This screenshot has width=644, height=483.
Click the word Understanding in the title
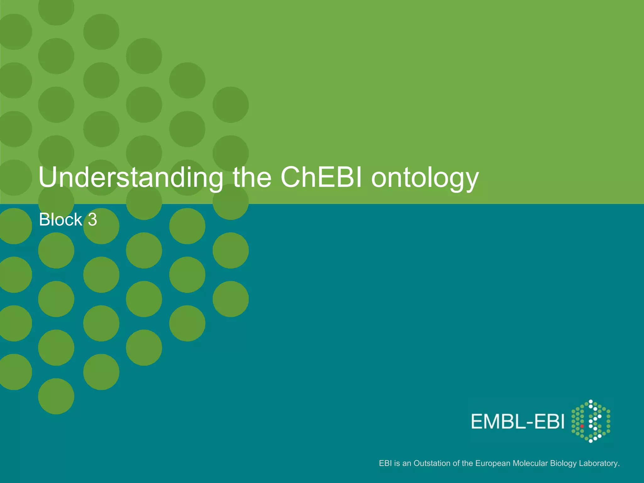(x=130, y=178)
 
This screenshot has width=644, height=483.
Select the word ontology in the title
(x=425, y=179)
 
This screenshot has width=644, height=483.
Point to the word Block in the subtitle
(x=60, y=219)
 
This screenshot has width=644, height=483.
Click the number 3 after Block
(x=92, y=219)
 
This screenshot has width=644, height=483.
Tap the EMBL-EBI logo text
(x=518, y=422)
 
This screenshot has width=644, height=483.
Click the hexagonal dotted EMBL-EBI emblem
(x=591, y=421)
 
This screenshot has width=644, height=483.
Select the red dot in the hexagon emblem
(x=582, y=426)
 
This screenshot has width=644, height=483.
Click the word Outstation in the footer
(x=432, y=463)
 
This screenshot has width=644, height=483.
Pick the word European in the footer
(x=493, y=463)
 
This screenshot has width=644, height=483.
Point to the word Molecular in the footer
(x=530, y=463)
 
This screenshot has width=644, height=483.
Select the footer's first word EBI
(x=385, y=463)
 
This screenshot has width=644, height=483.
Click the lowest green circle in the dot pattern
(x=56, y=396)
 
